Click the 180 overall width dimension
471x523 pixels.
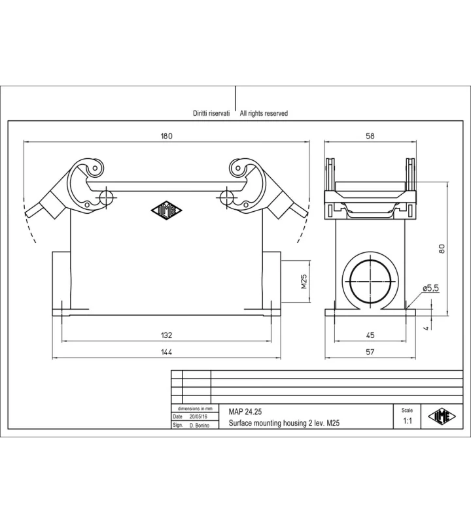tap(167, 136)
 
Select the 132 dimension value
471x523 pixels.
tap(167, 335)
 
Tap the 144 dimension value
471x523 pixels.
tap(167, 352)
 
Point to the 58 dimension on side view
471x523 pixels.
tap(370, 136)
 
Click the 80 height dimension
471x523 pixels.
tap(442, 249)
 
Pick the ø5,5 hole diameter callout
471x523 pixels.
tap(430, 288)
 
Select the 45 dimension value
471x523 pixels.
tap(370, 335)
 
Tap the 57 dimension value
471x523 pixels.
tap(370, 352)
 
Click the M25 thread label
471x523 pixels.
tap(304, 282)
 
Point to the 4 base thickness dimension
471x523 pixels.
tap(426, 329)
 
